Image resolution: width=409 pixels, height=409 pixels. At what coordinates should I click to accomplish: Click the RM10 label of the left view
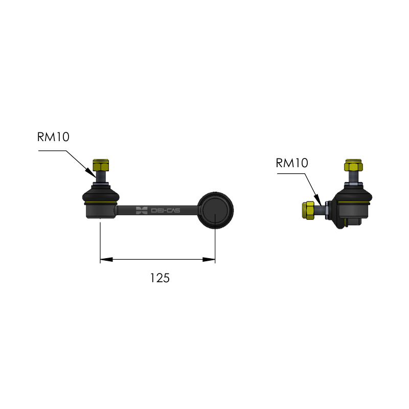(x=53, y=137)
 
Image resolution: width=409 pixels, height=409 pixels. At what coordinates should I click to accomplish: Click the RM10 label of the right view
(x=292, y=163)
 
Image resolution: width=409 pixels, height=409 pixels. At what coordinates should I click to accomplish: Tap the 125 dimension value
(x=160, y=278)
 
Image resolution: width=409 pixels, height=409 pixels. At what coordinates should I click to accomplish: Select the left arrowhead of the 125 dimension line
(x=106, y=259)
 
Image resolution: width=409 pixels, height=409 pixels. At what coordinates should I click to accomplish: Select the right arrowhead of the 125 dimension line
(x=209, y=259)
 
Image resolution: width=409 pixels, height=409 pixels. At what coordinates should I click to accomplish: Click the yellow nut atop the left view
(x=101, y=165)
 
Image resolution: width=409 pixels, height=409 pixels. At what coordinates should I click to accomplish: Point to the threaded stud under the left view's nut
(x=101, y=176)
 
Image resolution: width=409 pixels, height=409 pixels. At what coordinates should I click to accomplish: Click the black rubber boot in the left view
(x=101, y=194)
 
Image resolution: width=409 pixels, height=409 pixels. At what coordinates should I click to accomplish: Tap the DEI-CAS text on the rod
(x=166, y=210)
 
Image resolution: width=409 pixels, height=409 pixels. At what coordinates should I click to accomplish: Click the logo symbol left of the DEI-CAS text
(x=142, y=211)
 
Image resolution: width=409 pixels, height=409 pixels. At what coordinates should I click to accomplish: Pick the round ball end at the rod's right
(x=215, y=210)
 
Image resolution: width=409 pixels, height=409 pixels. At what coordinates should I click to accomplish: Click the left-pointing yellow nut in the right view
(x=308, y=210)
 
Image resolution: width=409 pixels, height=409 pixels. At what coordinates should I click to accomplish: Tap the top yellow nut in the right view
(x=353, y=165)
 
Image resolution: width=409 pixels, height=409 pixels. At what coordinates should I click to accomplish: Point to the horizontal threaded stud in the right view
(x=320, y=210)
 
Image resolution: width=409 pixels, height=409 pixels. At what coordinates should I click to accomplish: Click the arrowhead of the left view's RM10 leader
(x=92, y=173)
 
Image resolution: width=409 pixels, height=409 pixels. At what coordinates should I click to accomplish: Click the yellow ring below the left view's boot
(x=101, y=202)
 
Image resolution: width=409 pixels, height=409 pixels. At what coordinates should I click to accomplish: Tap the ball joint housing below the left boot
(x=101, y=211)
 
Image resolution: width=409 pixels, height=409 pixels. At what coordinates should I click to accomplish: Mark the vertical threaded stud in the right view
(x=353, y=177)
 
